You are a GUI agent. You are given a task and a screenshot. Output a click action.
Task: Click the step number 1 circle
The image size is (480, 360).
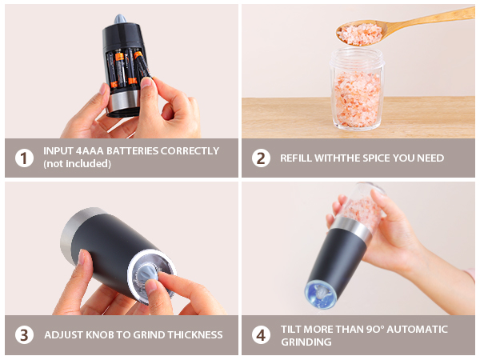(25, 158)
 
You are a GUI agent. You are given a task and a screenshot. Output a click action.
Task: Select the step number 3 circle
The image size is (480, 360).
(25, 334)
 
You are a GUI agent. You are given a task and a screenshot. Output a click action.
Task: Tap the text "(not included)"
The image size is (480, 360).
(78, 164)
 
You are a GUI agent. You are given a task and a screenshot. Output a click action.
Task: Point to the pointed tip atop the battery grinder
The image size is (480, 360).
(120, 18)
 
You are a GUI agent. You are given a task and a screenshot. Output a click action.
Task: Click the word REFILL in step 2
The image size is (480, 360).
(295, 158)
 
